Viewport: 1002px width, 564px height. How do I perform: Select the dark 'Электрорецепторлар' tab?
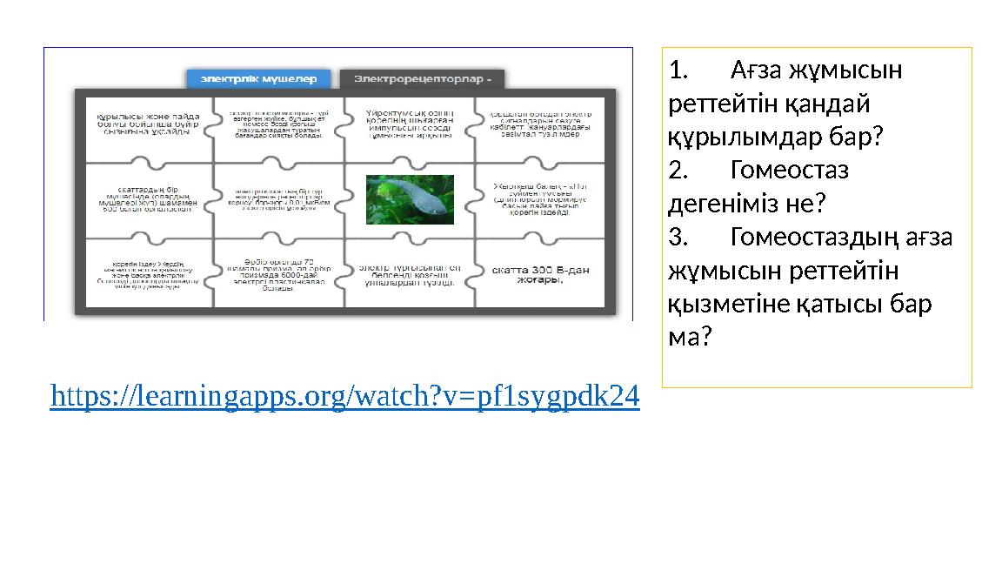pos(422,79)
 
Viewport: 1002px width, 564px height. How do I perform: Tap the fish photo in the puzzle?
pos(409,199)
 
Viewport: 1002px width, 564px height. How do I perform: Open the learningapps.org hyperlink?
pos(345,397)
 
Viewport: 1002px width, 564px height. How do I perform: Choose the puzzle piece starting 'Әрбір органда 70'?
pos(279,274)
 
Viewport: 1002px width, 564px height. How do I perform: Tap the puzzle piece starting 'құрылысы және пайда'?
pos(148,124)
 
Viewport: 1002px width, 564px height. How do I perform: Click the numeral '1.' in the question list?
pos(678,70)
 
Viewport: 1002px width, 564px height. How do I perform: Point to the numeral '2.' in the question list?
pos(678,170)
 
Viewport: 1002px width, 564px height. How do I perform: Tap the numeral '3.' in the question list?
pos(678,238)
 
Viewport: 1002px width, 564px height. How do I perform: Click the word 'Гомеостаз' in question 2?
pos(790,170)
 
